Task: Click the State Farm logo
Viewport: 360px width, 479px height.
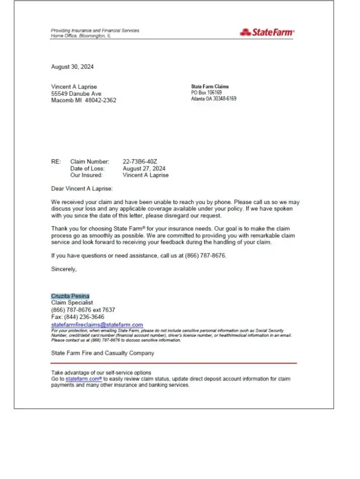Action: click(x=267, y=33)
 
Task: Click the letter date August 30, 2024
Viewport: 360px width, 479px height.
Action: click(x=72, y=67)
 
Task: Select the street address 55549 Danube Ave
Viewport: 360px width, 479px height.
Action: click(x=76, y=94)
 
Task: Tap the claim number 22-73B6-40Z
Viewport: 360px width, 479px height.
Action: click(x=140, y=162)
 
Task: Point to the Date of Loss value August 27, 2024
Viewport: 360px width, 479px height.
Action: click(x=144, y=169)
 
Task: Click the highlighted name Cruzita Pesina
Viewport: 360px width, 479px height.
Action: click(x=70, y=296)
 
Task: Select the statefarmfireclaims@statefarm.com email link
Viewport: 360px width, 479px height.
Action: click(x=97, y=325)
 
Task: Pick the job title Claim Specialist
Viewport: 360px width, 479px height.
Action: click(x=72, y=303)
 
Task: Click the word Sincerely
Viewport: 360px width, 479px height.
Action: click(x=64, y=269)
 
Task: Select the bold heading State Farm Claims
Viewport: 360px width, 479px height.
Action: click(x=210, y=87)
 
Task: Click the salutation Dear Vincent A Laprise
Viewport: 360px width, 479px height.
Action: click(x=82, y=189)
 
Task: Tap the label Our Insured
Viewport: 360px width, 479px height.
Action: click(x=87, y=175)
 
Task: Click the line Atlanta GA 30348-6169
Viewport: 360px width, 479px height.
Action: click(x=214, y=99)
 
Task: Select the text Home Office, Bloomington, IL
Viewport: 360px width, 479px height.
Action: click(x=81, y=36)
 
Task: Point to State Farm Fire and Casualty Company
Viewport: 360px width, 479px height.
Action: click(x=102, y=353)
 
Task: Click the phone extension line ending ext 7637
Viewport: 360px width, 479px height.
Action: click(x=83, y=310)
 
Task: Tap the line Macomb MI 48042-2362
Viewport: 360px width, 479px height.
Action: click(x=83, y=101)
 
